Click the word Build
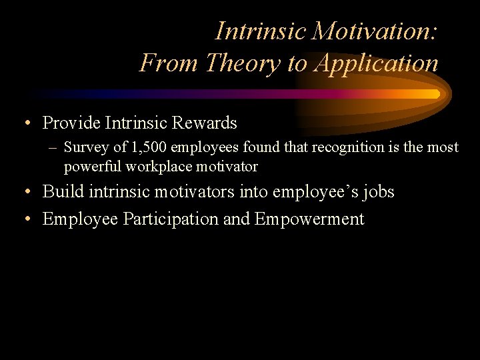(60, 192)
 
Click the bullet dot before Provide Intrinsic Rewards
(25, 123)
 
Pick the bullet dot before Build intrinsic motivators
(25, 193)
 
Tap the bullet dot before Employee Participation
(25, 219)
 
